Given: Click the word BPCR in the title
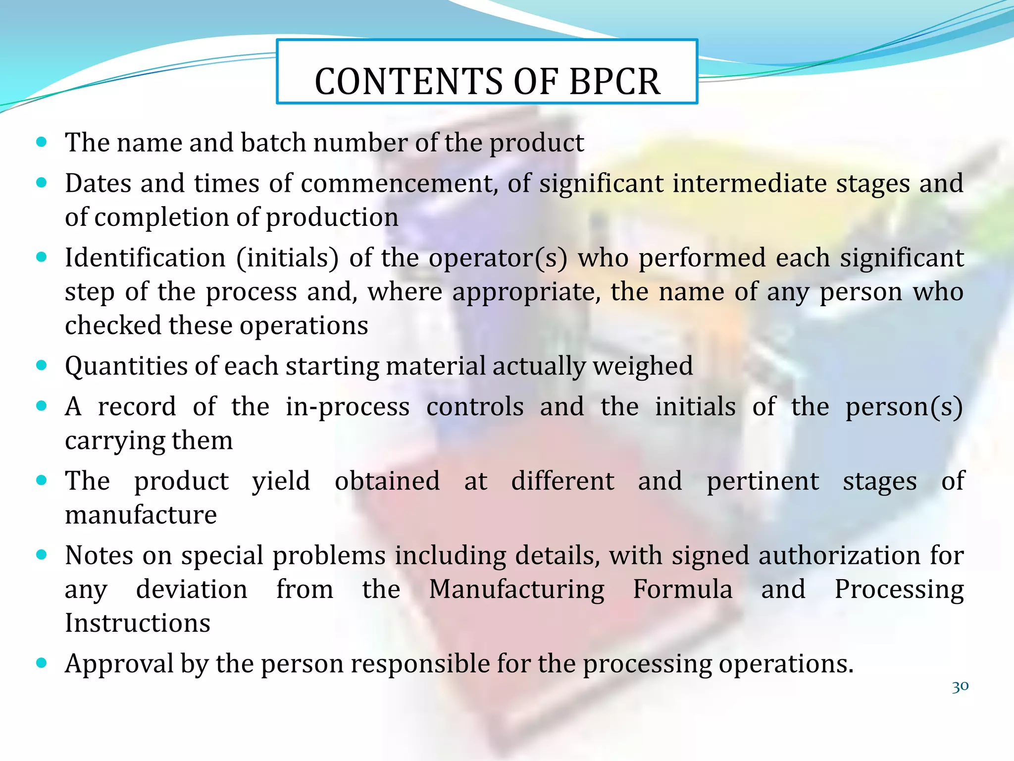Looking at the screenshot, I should [x=614, y=81].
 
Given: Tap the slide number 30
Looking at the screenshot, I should [x=960, y=687].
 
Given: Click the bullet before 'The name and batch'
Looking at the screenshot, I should [x=42, y=143].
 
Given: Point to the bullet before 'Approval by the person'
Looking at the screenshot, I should [x=42, y=663].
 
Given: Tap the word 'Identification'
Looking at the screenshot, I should [x=145, y=258].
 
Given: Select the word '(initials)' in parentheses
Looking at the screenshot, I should [x=288, y=258].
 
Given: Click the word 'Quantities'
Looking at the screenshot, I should [x=126, y=366].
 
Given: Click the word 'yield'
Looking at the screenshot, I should [x=281, y=481].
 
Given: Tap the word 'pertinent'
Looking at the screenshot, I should [x=762, y=481].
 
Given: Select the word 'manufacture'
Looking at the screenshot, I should [x=141, y=515].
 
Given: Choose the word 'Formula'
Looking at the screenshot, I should [x=683, y=589].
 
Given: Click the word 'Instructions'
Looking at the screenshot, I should [x=138, y=623].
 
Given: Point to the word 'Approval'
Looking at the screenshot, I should [x=119, y=663].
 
